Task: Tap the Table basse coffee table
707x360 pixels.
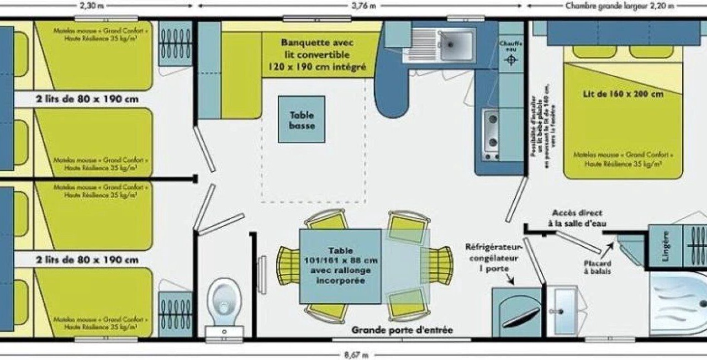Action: (302, 120)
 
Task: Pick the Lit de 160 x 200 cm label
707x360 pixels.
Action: (622, 94)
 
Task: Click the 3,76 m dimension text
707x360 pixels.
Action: (364, 6)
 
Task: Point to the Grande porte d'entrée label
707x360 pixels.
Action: (402, 330)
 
